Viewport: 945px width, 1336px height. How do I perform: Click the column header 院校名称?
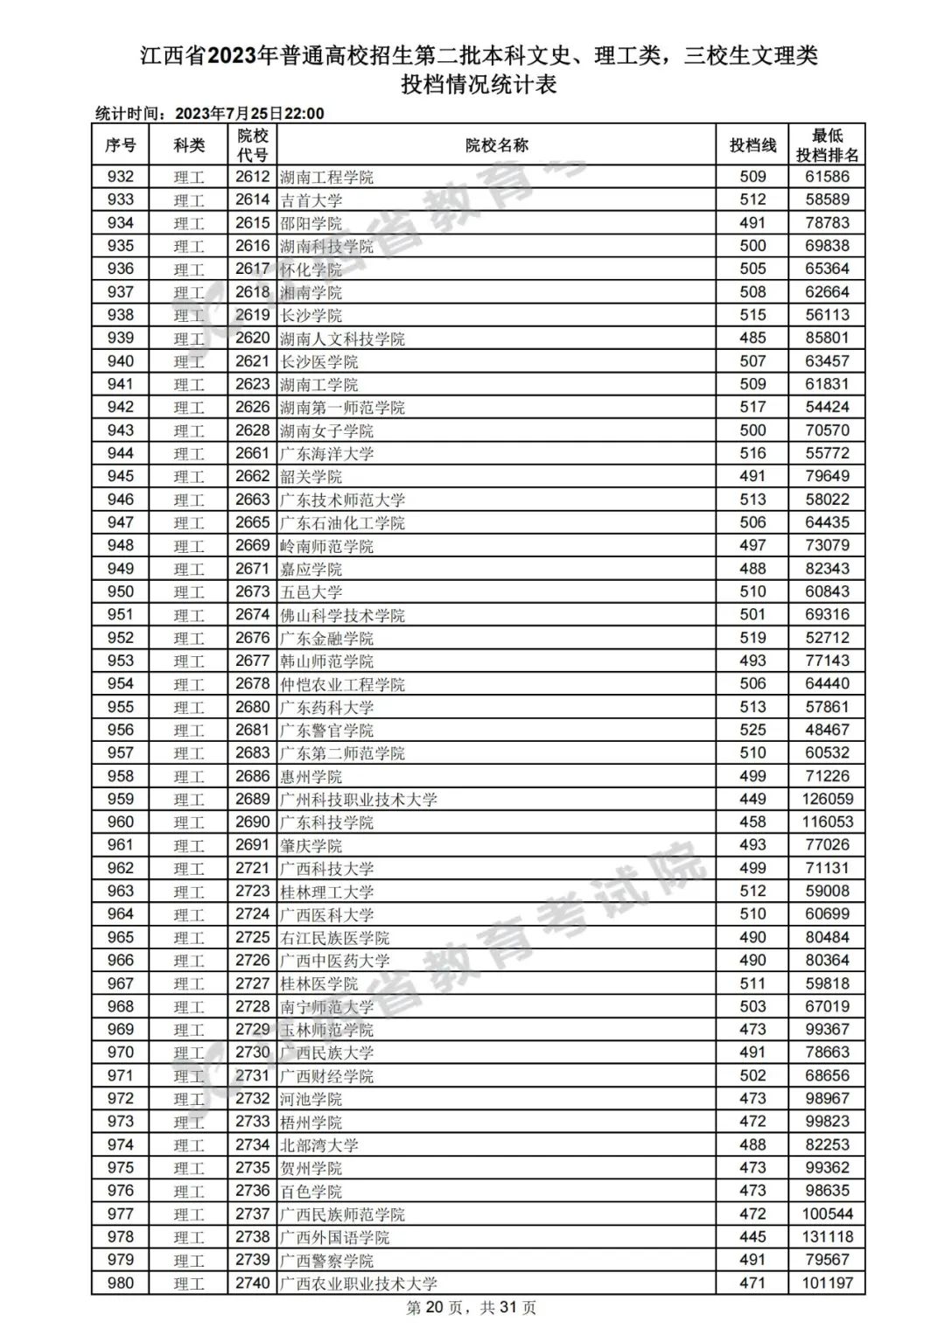click(496, 145)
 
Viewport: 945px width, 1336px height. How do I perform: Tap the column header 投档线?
click(752, 145)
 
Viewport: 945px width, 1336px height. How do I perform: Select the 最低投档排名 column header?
click(827, 145)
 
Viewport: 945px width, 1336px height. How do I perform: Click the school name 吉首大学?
click(311, 200)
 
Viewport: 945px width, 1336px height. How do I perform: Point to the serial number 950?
click(121, 591)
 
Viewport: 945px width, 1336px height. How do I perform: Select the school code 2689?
click(252, 799)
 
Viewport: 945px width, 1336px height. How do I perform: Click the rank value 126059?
click(827, 799)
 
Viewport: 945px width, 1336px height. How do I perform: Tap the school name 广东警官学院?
click(327, 731)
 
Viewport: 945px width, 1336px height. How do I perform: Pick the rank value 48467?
click(827, 730)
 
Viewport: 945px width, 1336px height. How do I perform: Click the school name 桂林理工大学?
click(327, 892)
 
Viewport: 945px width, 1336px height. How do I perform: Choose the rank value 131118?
click(827, 1237)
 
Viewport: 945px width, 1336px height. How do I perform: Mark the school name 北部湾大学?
click(319, 1145)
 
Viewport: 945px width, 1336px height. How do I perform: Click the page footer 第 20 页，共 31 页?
click(472, 1308)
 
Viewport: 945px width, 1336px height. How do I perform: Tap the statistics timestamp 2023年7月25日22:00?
click(249, 114)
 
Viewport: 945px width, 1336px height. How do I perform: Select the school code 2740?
click(252, 1284)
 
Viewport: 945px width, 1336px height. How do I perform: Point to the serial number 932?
click(121, 177)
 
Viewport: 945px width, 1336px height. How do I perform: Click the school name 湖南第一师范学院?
click(343, 408)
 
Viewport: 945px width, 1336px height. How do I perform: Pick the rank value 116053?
click(827, 822)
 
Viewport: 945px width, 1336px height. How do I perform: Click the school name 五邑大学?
click(311, 592)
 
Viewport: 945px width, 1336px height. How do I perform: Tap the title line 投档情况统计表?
click(479, 85)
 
